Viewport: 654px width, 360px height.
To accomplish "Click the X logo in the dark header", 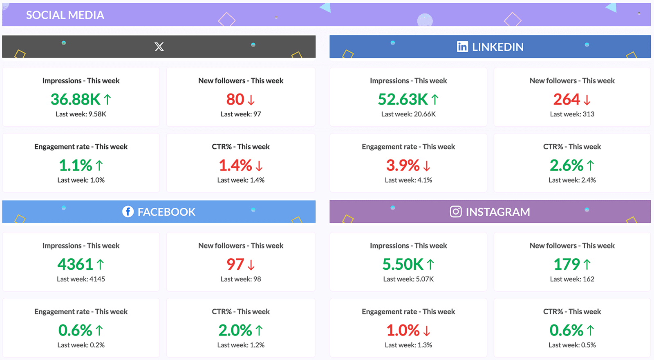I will click(x=159, y=47).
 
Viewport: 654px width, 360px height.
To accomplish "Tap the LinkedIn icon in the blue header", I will click(x=462, y=47).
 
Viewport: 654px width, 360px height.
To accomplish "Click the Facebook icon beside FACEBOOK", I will click(x=128, y=212).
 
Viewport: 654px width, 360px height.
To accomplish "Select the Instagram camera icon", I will click(x=456, y=212).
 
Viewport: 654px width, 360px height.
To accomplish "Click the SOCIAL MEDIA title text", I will click(x=65, y=15).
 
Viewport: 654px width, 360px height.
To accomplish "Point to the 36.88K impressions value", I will click(x=76, y=99).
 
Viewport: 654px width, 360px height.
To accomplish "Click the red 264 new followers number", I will click(x=567, y=99).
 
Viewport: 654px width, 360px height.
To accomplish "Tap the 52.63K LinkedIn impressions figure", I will click(x=403, y=99).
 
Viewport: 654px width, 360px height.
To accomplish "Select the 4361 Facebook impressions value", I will click(x=75, y=264).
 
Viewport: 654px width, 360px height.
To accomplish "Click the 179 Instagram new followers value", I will click(x=567, y=264).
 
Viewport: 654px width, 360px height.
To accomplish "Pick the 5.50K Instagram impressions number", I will click(x=403, y=264).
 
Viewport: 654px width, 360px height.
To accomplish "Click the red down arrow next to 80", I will click(x=251, y=100).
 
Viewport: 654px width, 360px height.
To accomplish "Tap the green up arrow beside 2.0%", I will click(x=259, y=330).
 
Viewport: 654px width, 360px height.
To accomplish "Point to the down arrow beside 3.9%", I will click(x=427, y=166).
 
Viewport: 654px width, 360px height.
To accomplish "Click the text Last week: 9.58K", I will click(x=81, y=114).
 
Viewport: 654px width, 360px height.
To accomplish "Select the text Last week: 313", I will click(x=572, y=114).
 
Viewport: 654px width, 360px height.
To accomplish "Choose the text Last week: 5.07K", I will click(x=408, y=279).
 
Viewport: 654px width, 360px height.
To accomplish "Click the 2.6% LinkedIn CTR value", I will click(x=566, y=165).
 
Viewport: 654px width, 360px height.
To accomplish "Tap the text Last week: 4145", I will click(x=81, y=279).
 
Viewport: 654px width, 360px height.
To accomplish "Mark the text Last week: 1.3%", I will click(x=408, y=345).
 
